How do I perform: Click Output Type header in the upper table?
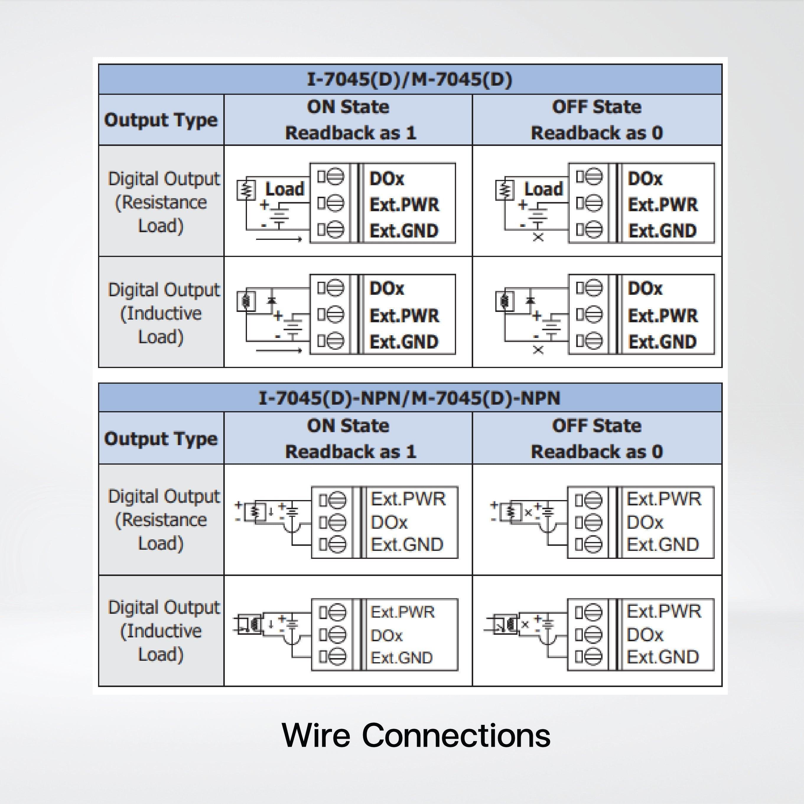(161, 120)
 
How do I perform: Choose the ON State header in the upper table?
(348, 107)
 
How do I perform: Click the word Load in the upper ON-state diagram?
(285, 189)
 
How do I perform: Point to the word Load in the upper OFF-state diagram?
(543, 189)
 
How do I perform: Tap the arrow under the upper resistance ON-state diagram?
(279, 239)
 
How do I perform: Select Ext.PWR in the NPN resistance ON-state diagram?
(408, 499)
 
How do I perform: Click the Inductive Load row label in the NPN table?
(162, 631)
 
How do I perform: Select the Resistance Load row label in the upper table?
(162, 202)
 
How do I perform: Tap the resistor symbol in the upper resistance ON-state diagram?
(246, 190)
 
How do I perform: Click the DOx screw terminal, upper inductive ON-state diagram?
(336, 288)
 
